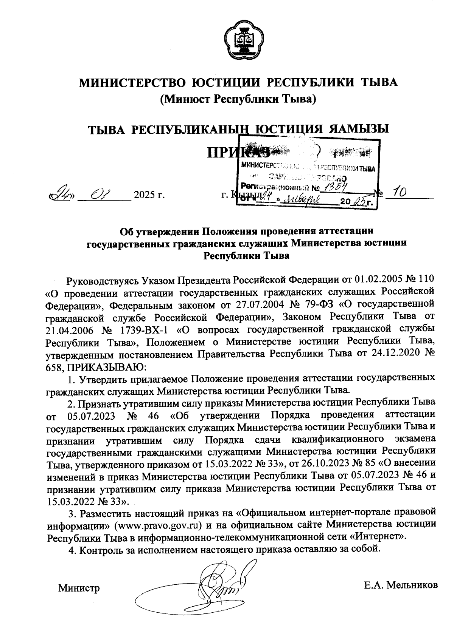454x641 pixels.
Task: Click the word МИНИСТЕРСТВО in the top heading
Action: [x=130, y=82]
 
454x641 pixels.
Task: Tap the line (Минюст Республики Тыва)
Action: [x=238, y=99]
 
